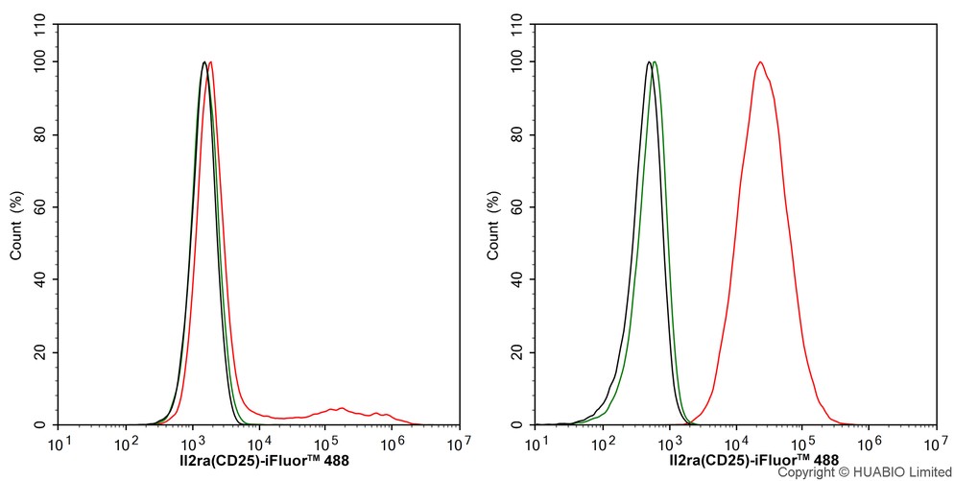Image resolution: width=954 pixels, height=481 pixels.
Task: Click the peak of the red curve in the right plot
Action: (760, 62)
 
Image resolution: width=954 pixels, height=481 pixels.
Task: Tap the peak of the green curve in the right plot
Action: (654, 62)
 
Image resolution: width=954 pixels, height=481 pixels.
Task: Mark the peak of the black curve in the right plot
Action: (649, 62)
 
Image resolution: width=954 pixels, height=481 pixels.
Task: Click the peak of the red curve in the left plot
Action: (210, 62)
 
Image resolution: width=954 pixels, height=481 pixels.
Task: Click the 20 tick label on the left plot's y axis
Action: (41, 352)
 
